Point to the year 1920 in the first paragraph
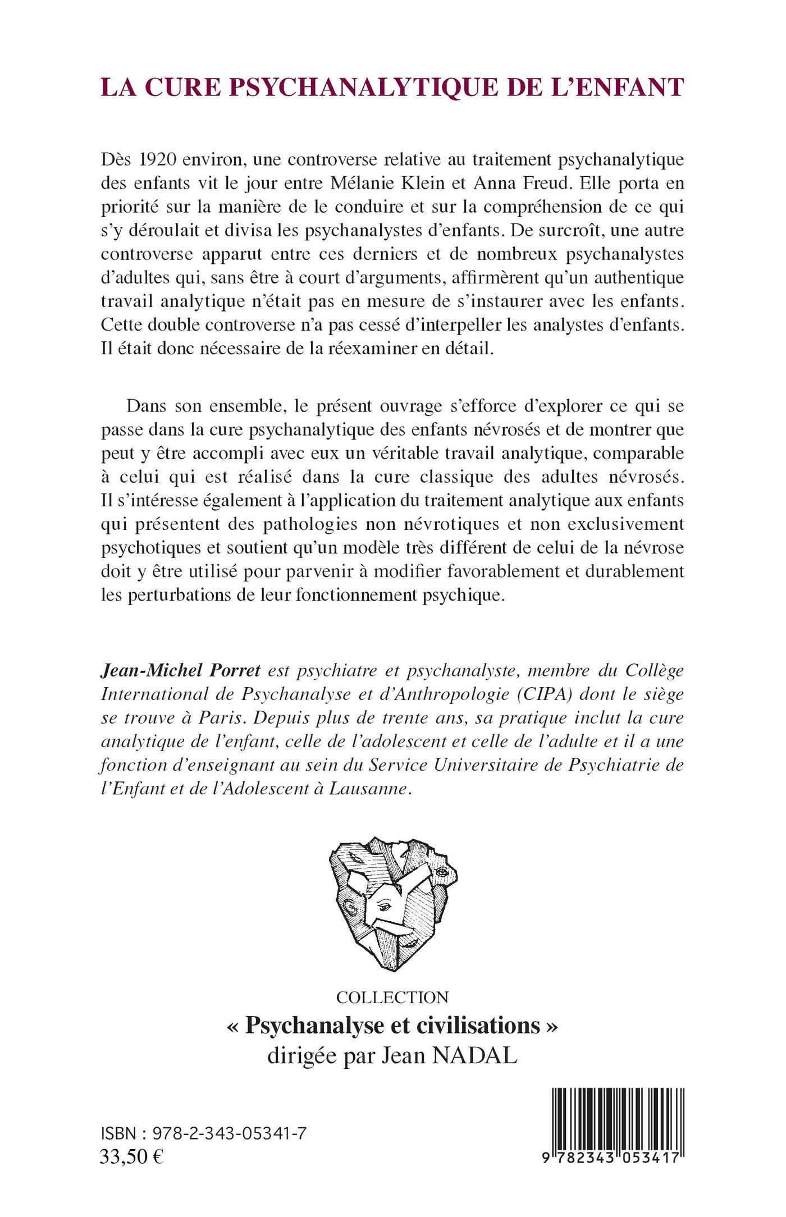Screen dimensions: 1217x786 (150, 159)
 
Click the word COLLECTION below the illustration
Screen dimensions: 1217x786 (392, 998)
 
